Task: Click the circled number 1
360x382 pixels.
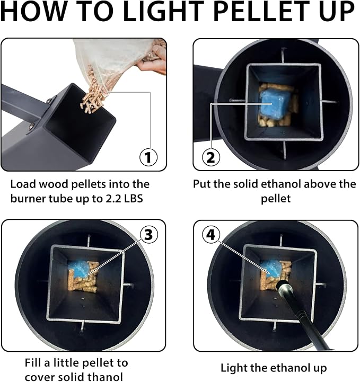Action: (148, 157)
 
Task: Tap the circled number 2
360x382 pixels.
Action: (211, 157)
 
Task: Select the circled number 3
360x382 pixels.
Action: (148, 235)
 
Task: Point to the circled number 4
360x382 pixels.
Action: (211, 235)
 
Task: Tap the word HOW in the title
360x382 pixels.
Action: (33, 12)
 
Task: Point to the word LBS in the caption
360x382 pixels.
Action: (134, 199)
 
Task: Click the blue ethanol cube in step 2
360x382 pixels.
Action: (275, 103)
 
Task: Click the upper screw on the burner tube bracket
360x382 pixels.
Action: (50, 100)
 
